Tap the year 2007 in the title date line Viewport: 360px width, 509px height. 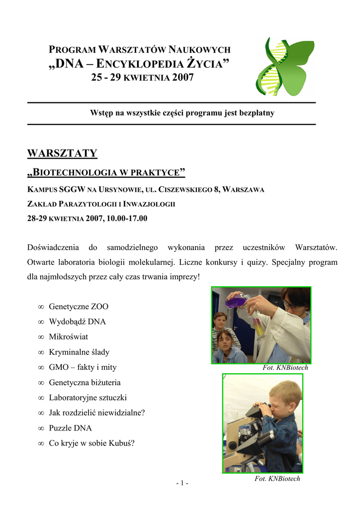(x=183, y=78)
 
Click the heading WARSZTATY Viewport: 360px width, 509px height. (x=62, y=153)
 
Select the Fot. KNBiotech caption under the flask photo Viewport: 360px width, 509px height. (x=285, y=368)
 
